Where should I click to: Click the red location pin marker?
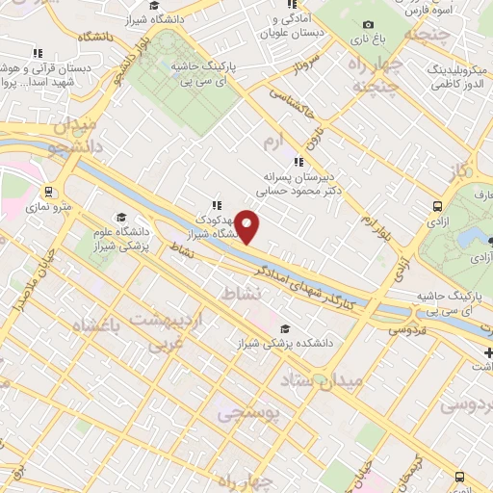click(x=247, y=226)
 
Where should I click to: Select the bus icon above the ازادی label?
click(x=438, y=206)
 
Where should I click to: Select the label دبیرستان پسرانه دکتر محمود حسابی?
click(x=300, y=184)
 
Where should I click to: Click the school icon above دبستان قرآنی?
click(x=39, y=55)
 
